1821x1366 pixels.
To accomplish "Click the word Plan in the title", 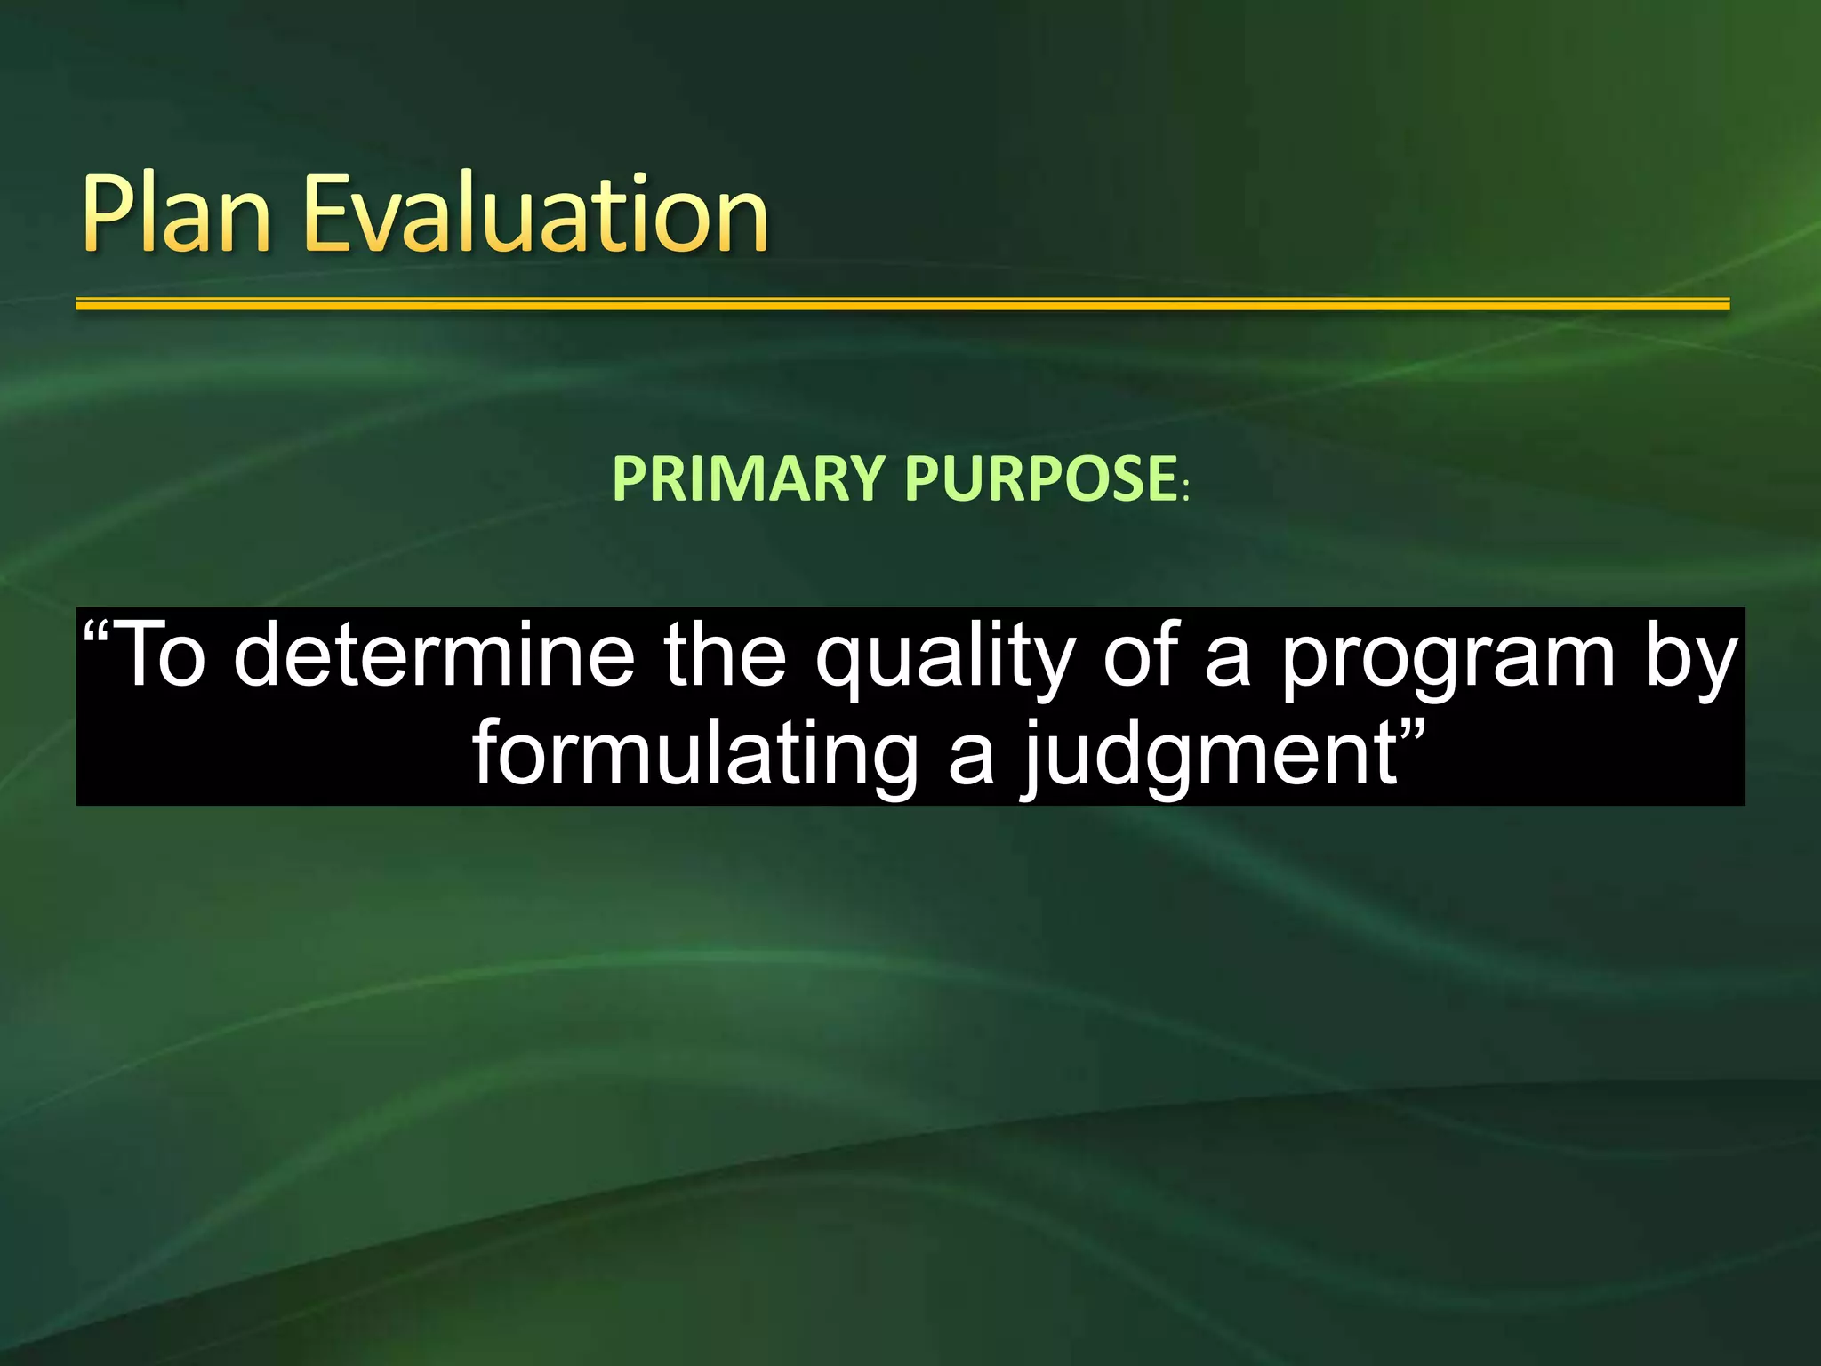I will pos(175,213).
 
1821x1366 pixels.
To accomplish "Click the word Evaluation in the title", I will pos(535,213).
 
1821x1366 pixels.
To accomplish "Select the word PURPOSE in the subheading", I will pos(1041,479).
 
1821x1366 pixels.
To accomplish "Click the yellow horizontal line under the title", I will pos(902,305).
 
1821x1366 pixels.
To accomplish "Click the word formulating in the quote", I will pos(694,756).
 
